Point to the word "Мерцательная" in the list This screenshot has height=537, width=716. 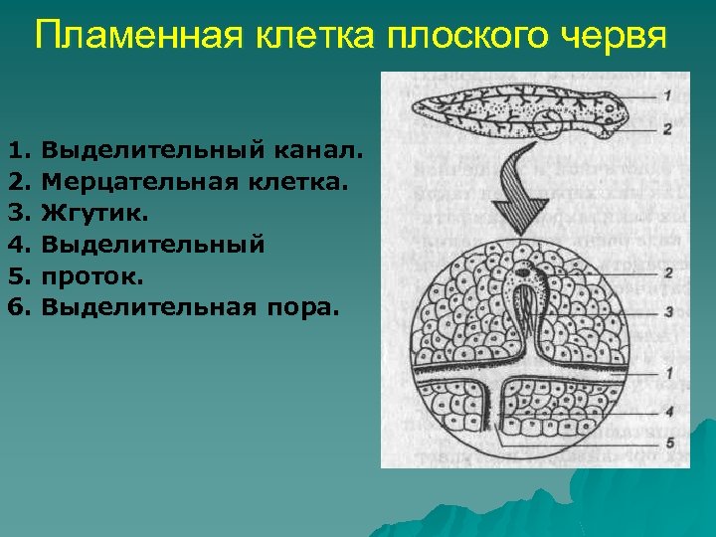click(x=132, y=183)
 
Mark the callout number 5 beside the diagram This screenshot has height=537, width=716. click(x=669, y=441)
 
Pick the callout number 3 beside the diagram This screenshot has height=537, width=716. click(x=669, y=311)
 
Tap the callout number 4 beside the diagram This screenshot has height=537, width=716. click(x=669, y=410)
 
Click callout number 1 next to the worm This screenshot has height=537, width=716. click(x=667, y=94)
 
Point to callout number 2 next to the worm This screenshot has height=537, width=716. click(x=667, y=127)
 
